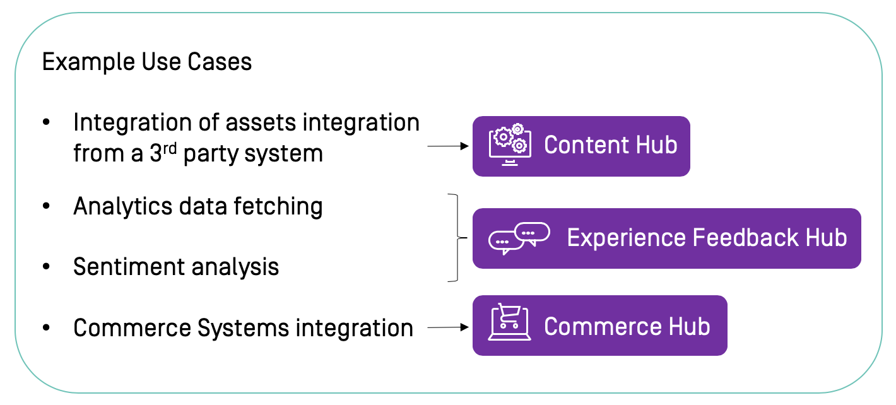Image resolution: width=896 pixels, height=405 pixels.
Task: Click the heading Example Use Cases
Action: tap(146, 62)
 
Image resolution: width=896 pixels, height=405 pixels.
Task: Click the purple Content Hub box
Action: tap(581, 146)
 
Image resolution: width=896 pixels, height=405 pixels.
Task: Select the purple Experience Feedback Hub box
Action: tap(666, 238)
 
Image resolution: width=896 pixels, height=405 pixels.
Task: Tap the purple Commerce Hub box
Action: tap(599, 326)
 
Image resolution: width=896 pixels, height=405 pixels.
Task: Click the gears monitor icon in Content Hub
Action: tap(509, 145)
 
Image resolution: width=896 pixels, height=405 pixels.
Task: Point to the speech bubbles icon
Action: tap(519, 238)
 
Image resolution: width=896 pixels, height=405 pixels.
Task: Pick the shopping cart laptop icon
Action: tap(509, 323)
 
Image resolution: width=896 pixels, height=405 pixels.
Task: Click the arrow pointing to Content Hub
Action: tap(449, 146)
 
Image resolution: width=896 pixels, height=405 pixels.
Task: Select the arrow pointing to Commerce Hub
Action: tap(449, 327)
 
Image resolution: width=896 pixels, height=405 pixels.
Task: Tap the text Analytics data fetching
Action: tap(197, 206)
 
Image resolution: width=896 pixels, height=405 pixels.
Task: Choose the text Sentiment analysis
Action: tap(176, 267)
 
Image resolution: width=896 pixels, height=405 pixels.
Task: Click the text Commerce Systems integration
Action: tap(243, 328)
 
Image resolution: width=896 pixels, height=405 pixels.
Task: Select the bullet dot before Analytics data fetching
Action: tap(46, 207)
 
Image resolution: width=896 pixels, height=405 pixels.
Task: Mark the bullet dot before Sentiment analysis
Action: tap(46, 267)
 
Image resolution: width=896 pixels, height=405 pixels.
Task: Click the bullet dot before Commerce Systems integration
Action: tap(46, 329)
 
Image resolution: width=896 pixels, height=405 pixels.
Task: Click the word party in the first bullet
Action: tap(211, 154)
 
